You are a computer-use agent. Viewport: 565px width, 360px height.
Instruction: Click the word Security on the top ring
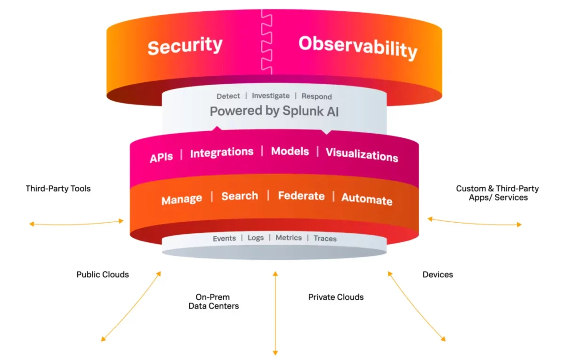coord(185,46)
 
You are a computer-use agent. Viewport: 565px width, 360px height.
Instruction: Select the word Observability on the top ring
coord(358,47)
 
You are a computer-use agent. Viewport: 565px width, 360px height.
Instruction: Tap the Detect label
coord(228,96)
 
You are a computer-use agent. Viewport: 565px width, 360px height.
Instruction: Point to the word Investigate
coord(271,96)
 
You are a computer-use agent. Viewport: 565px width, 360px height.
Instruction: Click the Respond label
coord(316,96)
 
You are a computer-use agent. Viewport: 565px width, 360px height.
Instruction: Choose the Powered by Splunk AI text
coord(274,112)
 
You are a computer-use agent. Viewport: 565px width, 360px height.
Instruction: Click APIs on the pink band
coord(161,157)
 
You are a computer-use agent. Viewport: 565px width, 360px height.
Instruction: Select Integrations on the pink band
coord(221,152)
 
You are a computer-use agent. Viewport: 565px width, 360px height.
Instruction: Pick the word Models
coord(290,151)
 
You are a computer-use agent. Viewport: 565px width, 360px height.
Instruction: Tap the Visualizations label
coord(362,154)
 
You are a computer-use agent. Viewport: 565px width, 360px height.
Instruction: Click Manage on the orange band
coord(182,200)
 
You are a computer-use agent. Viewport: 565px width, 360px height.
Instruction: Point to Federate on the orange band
coord(301,196)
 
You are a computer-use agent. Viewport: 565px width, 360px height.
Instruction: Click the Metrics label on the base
coord(289,238)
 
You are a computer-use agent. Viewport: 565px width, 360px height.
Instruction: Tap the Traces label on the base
coord(325,239)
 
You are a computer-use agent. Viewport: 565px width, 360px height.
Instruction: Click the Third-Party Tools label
coord(58,188)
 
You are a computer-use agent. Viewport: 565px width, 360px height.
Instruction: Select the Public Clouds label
coord(103,274)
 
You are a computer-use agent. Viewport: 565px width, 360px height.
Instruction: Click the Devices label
coord(438,274)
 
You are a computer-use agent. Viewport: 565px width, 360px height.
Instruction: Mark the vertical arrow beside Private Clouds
coord(275,313)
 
